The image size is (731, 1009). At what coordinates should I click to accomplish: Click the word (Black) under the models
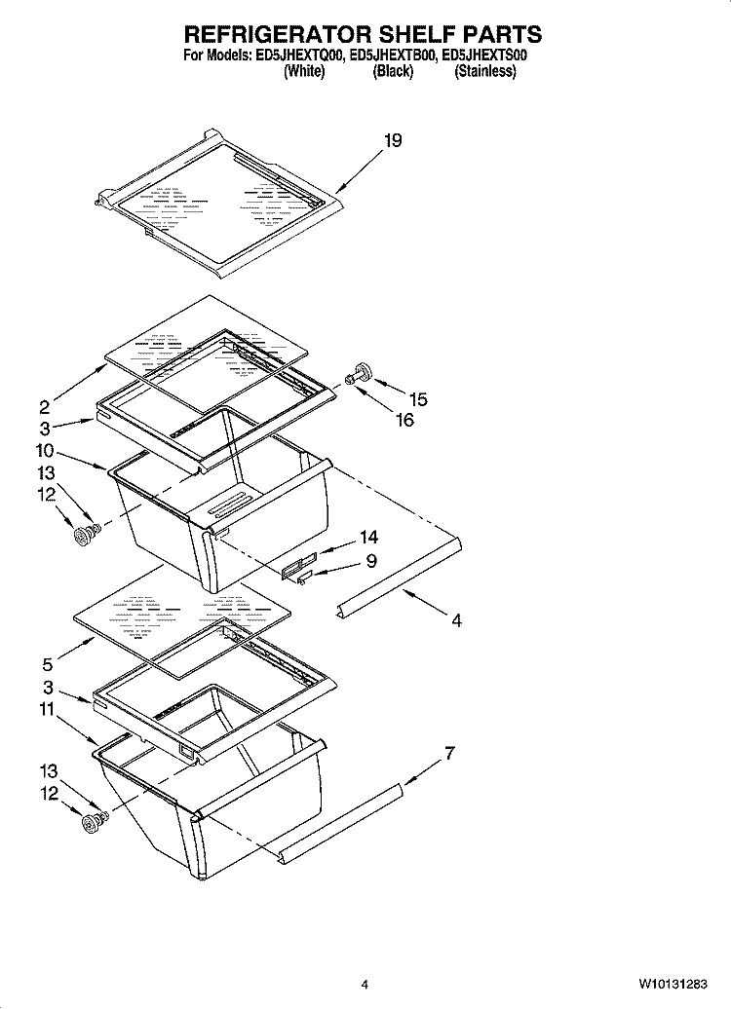click(x=393, y=72)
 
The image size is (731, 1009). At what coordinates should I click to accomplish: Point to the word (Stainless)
click(x=484, y=72)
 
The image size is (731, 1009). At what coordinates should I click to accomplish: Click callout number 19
click(x=391, y=141)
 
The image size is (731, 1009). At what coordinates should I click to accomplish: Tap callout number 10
click(x=45, y=451)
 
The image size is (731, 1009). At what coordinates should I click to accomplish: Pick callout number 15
click(x=417, y=399)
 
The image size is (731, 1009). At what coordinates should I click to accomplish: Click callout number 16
click(x=404, y=420)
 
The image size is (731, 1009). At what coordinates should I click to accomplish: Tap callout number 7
click(x=449, y=753)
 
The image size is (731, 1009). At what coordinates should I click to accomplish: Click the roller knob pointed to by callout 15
click(x=364, y=371)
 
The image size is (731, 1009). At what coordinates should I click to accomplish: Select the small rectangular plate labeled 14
click(x=298, y=564)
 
